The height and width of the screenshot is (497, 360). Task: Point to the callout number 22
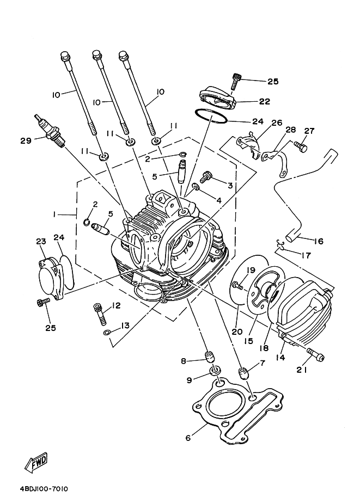point(265,101)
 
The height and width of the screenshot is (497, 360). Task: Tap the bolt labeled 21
point(315,355)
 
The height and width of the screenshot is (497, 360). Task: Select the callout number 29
point(26,141)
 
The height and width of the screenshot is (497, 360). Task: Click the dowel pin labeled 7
point(243,374)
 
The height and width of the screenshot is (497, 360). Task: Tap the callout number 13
point(125,326)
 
